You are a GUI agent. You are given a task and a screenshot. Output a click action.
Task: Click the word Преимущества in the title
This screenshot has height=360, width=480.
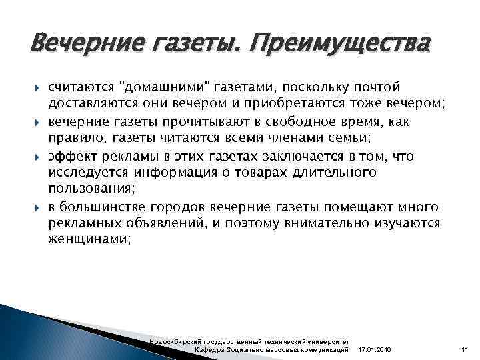[346, 45]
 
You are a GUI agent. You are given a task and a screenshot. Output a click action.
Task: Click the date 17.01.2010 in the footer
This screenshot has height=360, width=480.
[375, 350]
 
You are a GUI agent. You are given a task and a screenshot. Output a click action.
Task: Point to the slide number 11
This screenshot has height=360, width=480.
[464, 350]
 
